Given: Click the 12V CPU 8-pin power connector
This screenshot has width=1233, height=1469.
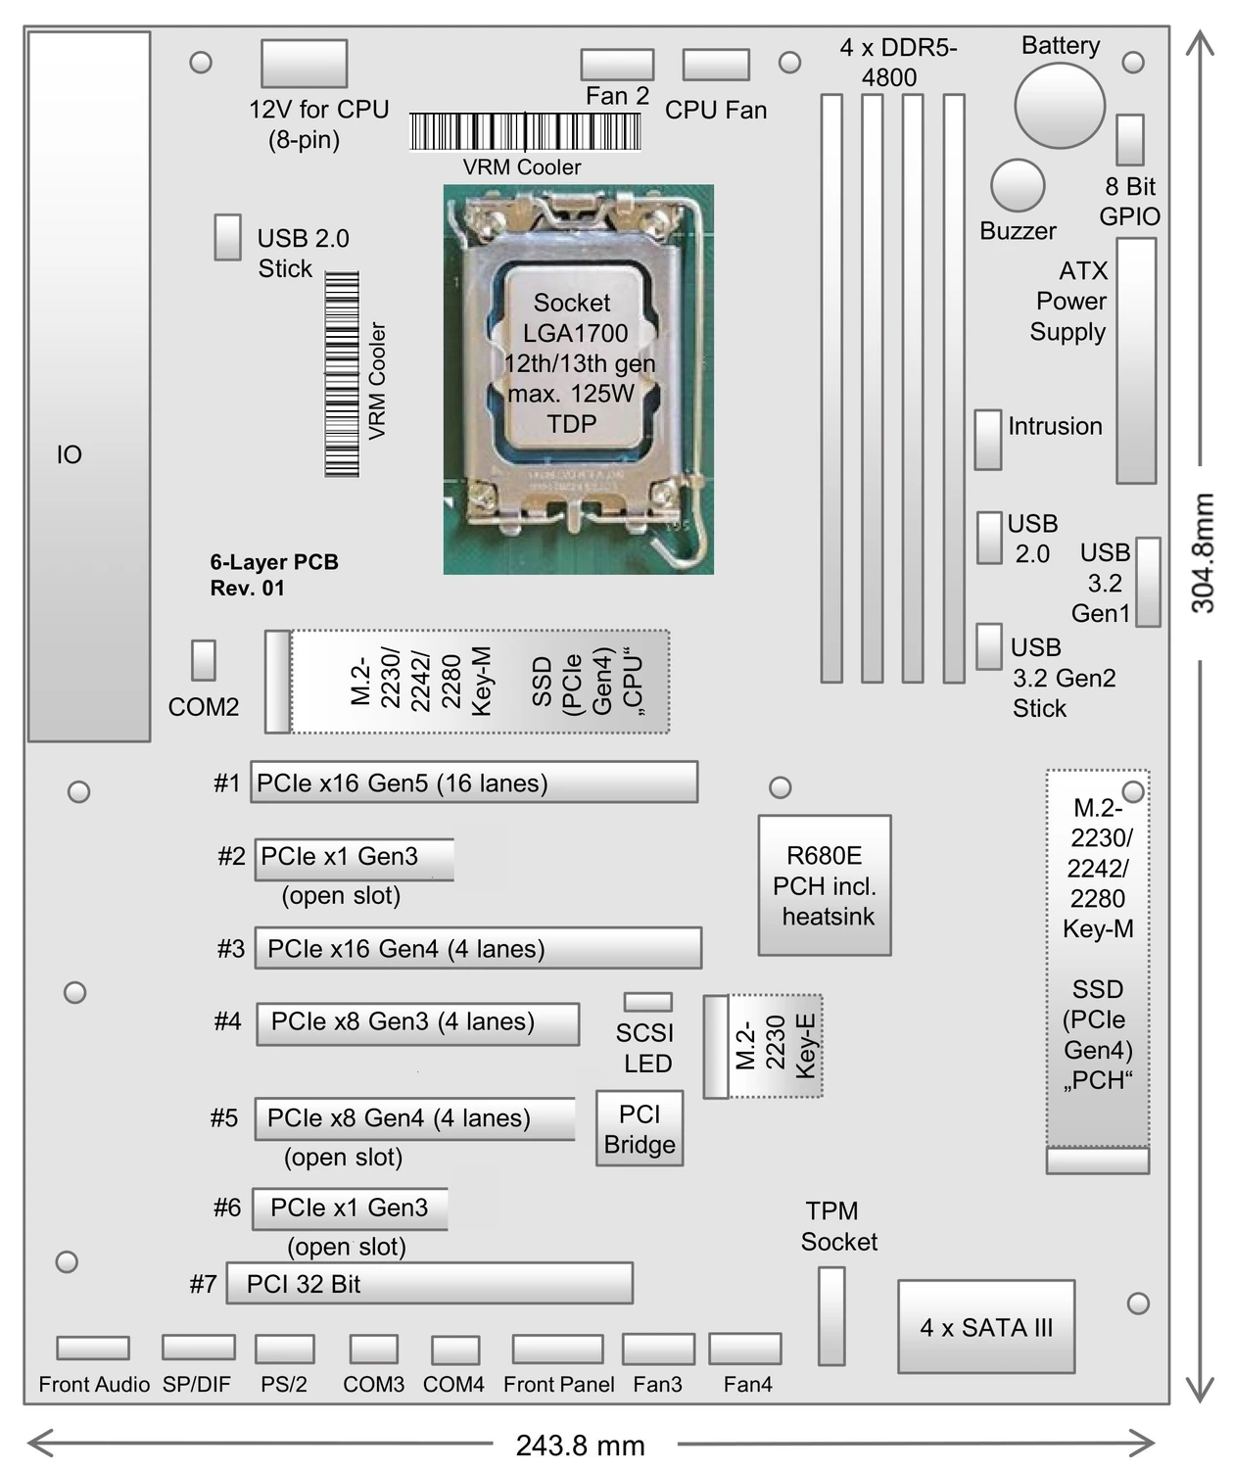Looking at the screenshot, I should (304, 64).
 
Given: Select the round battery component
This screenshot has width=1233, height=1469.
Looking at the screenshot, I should (1060, 106).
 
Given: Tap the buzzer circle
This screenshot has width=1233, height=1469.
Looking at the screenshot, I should (1018, 185).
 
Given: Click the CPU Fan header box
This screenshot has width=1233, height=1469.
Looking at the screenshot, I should (716, 65).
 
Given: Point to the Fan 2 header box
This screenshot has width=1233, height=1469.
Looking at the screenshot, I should (617, 65).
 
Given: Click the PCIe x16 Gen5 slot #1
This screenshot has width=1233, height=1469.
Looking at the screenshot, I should (474, 782).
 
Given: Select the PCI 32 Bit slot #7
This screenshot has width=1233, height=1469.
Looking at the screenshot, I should (429, 1283).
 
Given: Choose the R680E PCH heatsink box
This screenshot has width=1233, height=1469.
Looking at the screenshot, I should (825, 885).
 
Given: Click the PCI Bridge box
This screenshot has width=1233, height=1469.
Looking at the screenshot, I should (640, 1129).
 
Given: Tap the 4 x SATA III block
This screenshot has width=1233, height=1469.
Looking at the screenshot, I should (986, 1327).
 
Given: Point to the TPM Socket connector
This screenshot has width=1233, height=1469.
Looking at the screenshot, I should (831, 1316).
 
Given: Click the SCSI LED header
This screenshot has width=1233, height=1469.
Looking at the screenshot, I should (648, 1002).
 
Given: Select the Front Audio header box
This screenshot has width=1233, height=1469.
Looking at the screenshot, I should (93, 1349).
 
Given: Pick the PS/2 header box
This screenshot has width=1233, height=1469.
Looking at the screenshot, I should (284, 1349).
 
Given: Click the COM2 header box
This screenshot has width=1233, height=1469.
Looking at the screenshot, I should (204, 661).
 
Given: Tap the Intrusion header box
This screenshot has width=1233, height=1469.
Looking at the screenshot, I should (988, 440).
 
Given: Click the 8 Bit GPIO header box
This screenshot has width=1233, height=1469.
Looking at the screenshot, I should (1130, 140).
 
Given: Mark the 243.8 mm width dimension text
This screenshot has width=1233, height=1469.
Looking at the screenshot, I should (581, 1445).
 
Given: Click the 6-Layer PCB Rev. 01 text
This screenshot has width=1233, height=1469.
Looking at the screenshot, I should (274, 575).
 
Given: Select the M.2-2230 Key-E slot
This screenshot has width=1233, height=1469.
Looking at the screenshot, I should (764, 1046).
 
